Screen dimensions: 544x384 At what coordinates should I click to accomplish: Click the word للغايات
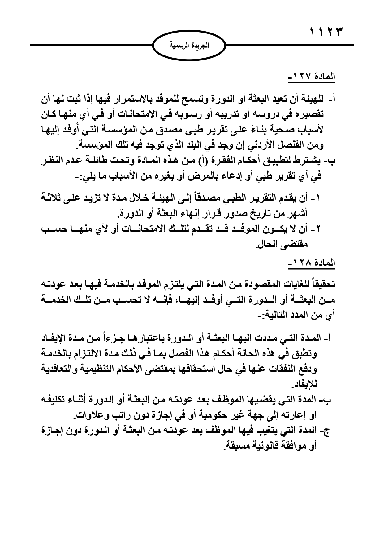294,284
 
